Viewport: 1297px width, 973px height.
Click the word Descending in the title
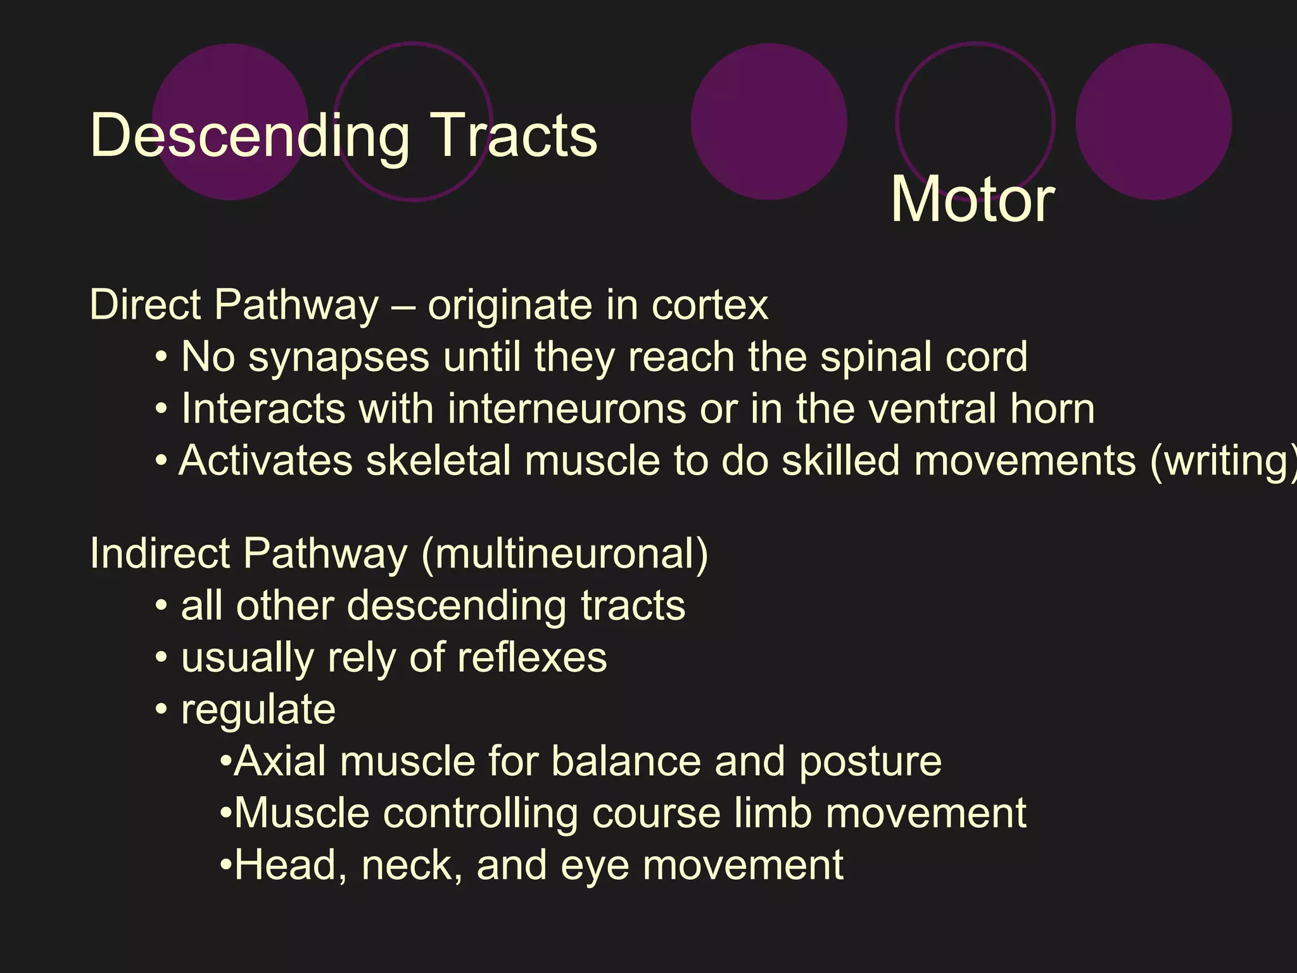(x=250, y=136)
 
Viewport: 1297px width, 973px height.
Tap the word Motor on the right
(x=972, y=200)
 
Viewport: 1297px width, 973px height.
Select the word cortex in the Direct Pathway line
(x=709, y=306)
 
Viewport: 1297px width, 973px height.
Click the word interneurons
(x=566, y=409)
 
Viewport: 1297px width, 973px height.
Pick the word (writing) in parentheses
(x=1222, y=461)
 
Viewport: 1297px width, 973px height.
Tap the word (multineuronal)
(x=564, y=554)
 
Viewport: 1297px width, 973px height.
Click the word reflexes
(x=532, y=658)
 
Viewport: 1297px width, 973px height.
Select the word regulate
(x=258, y=710)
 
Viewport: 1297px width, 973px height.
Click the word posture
(x=870, y=762)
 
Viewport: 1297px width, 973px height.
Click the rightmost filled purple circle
(x=1153, y=122)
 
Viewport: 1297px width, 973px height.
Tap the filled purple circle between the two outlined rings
(x=769, y=122)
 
